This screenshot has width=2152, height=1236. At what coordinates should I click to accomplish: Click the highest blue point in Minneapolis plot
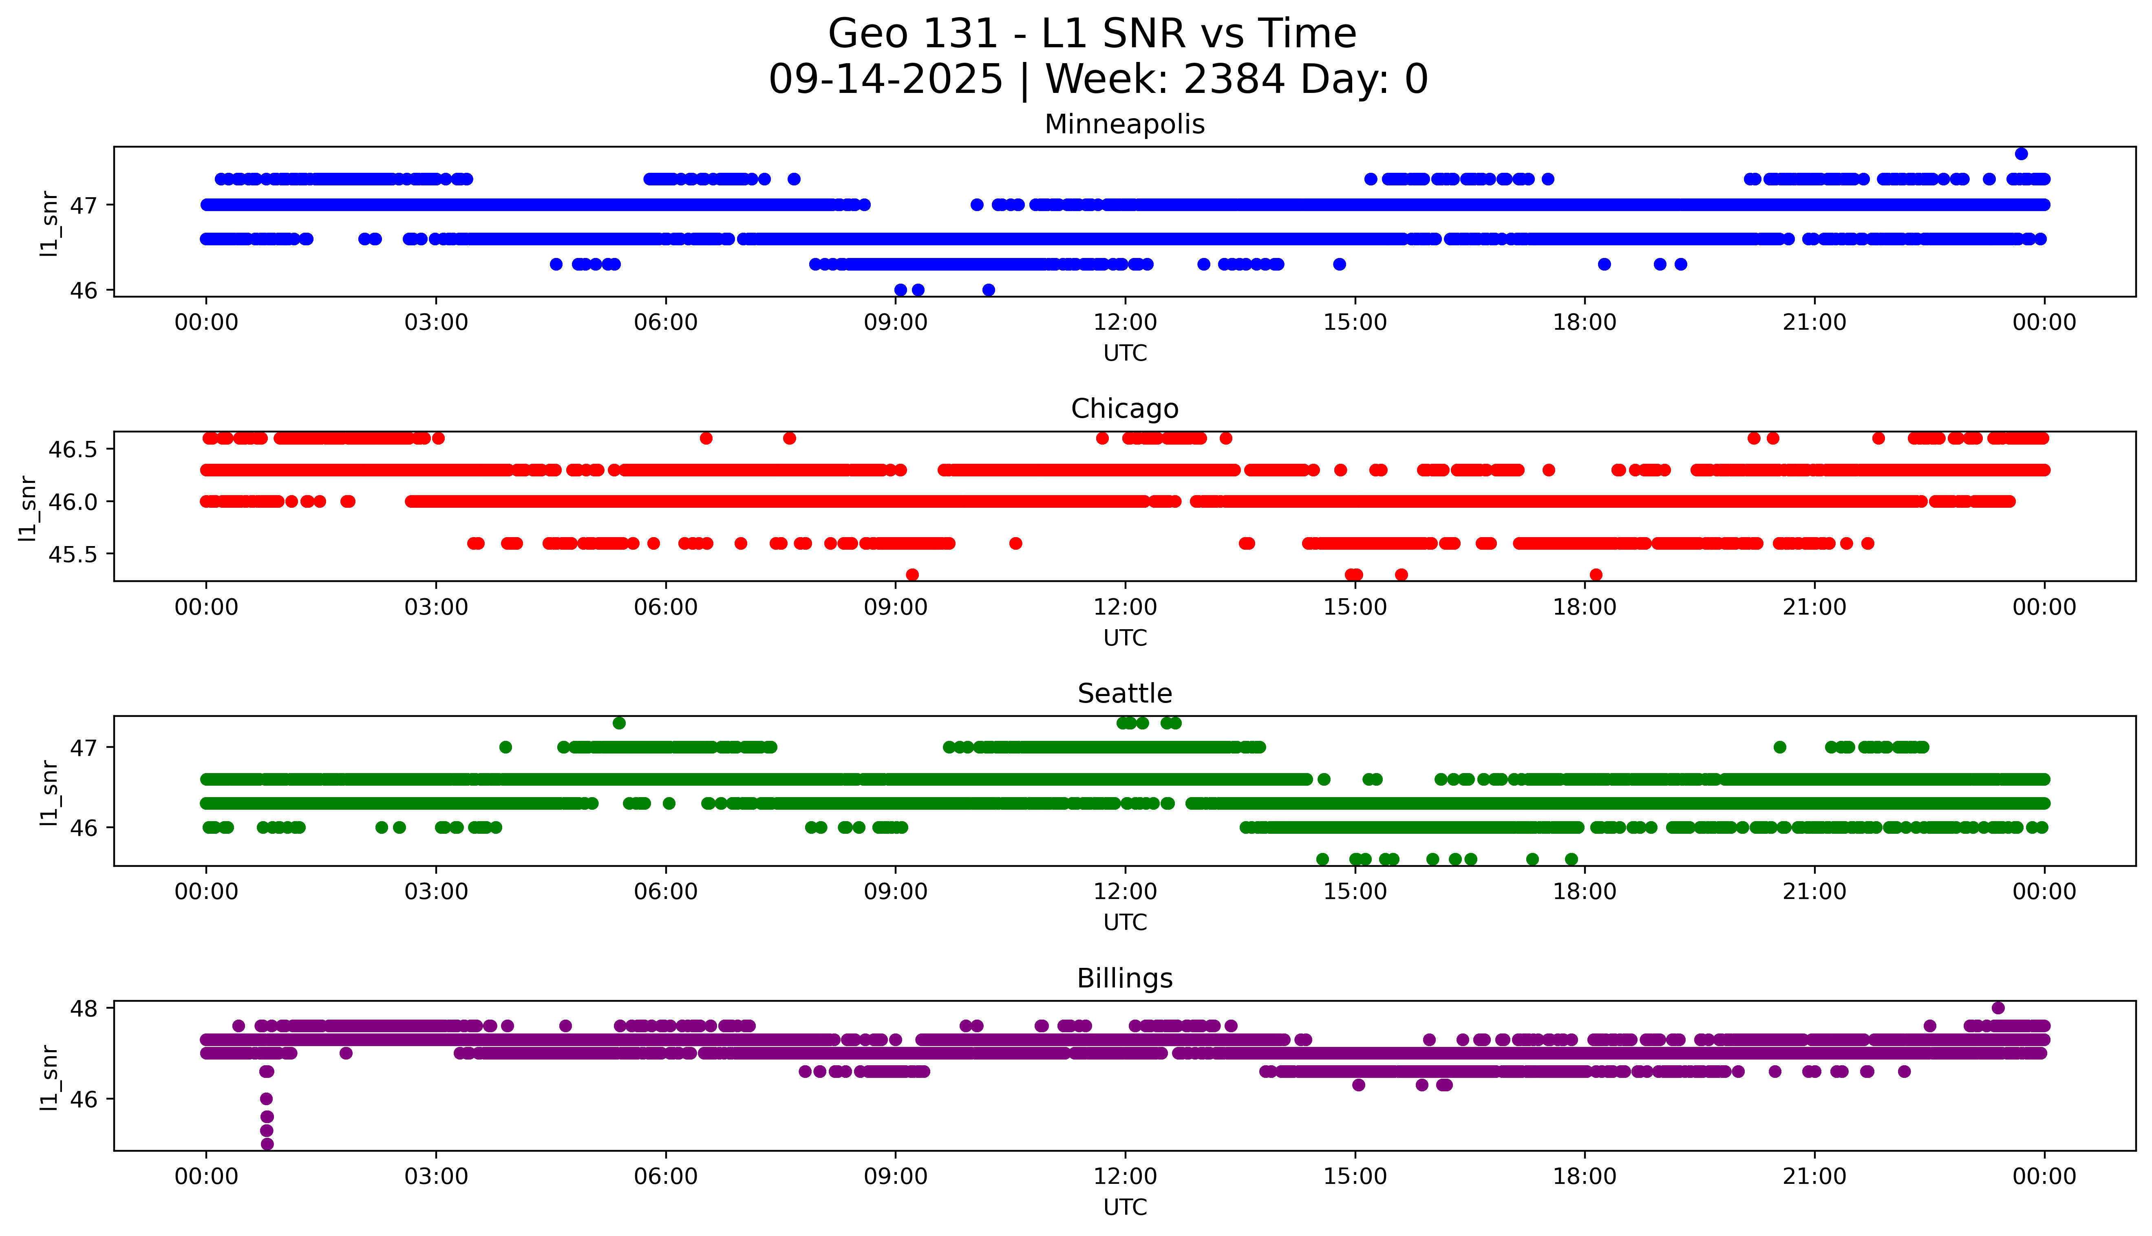pos(2021,154)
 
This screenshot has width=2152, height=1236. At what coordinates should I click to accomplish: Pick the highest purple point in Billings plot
pos(1997,1008)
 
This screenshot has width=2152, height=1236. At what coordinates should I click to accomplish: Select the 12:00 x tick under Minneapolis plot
pos(1125,323)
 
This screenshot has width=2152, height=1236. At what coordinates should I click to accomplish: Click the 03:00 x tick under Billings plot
pos(436,1177)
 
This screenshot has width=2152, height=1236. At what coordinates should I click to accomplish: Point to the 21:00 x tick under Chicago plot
pos(1815,607)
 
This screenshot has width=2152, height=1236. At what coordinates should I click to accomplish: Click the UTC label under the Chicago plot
pos(1125,637)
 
